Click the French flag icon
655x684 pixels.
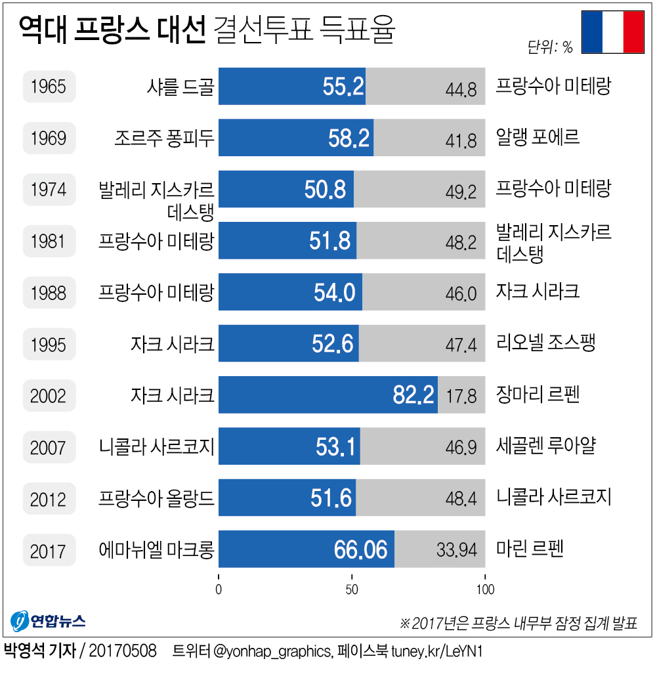tap(613, 32)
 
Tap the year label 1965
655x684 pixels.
tap(49, 87)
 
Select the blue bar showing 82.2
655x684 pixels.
tap(327, 395)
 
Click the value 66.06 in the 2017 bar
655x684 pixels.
tap(360, 550)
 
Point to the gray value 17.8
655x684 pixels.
tap(461, 396)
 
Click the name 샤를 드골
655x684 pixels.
tap(181, 87)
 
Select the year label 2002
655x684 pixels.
tap(49, 396)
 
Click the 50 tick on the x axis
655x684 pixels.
tap(352, 588)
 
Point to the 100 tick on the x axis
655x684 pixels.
tap(485, 588)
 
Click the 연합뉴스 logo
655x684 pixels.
tap(48, 620)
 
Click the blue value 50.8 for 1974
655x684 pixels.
tap(325, 190)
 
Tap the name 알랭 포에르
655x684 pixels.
tap(538, 137)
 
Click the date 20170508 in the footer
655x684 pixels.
tap(122, 651)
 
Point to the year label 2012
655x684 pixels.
tap(49, 499)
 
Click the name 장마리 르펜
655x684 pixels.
tap(538, 395)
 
